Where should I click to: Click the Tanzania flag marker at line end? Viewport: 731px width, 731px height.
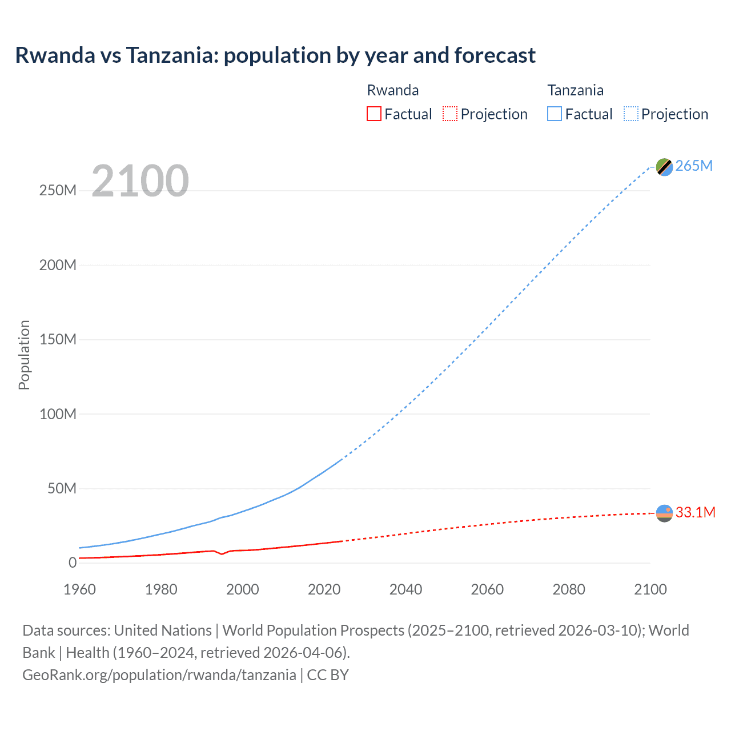(x=664, y=167)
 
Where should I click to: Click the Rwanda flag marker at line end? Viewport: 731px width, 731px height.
(x=664, y=513)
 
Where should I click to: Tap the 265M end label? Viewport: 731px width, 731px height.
(x=694, y=166)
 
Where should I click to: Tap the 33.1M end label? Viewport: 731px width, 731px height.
(x=695, y=512)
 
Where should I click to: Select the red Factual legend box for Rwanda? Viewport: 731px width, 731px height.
(x=374, y=114)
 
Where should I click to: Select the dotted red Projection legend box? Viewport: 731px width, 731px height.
(x=450, y=114)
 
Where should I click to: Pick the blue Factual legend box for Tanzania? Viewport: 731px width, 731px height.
(x=555, y=114)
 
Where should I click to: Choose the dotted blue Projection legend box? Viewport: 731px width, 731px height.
(x=631, y=114)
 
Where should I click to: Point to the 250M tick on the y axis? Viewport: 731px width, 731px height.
(x=58, y=190)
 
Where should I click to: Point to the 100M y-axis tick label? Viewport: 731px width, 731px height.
(x=58, y=414)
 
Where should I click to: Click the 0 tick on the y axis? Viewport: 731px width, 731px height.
(x=72, y=563)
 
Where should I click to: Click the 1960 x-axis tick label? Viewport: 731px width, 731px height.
(x=79, y=589)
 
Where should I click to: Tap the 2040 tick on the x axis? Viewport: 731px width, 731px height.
(x=405, y=589)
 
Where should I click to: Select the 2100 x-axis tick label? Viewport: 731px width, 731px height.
(x=650, y=589)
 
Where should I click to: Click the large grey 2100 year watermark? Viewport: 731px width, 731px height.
(x=140, y=180)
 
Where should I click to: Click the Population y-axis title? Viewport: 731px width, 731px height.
(x=24, y=355)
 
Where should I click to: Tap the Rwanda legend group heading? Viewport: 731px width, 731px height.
(x=392, y=90)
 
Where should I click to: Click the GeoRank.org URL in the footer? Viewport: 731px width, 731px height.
(x=159, y=674)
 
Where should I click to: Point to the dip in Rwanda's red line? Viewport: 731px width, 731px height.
(x=222, y=554)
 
